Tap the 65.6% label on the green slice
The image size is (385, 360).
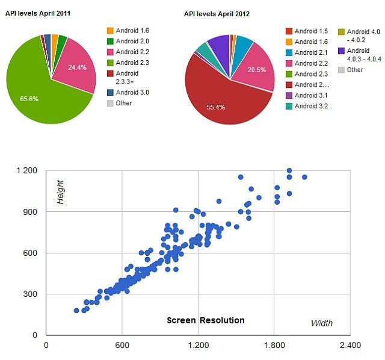coord(28,98)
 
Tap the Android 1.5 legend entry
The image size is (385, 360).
coord(306,31)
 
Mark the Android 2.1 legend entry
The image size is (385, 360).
coord(306,52)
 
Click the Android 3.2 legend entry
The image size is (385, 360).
coord(306,107)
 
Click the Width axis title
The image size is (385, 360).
coord(321,323)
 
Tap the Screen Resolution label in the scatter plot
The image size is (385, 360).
coord(205,320)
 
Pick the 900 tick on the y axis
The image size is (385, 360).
coord(28,212)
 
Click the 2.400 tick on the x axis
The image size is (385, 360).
coord(350,346)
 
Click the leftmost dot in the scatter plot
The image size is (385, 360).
coord(76,311)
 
